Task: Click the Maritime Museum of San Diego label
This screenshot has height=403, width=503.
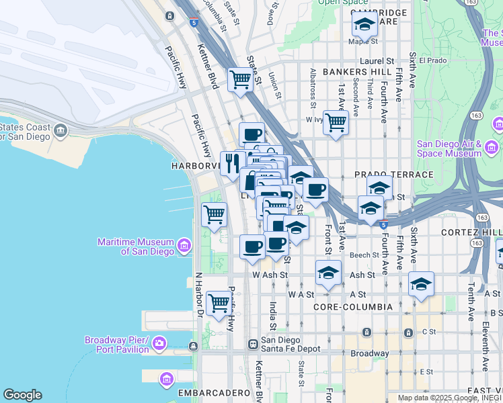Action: click(135, 247)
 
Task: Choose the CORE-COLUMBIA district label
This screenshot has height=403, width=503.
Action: click(353, 306)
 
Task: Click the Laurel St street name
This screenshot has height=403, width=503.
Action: click(376, 60)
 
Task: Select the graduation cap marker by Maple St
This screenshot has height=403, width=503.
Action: click(364, 25)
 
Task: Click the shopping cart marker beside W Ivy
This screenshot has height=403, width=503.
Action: click(336, 123)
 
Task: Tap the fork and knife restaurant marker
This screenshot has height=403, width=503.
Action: click(232, 163)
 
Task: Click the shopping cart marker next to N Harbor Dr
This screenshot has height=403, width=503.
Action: click(219, 303)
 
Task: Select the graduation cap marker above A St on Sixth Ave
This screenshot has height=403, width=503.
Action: click(422, 284)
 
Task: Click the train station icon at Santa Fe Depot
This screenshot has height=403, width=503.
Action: click(253, 344)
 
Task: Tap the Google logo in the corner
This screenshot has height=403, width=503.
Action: click(22, 395)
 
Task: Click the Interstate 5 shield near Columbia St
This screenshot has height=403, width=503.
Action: click(194, 22)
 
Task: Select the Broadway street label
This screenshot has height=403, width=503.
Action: click(369, 353)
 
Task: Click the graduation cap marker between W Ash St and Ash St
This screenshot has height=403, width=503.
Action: click(327, 273)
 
